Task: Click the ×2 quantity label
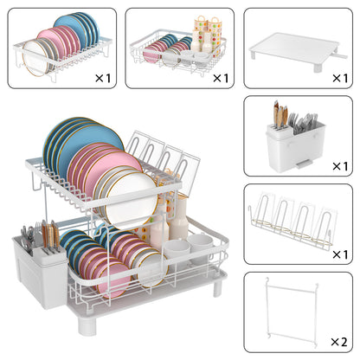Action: point(339,342)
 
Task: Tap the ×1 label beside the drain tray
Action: point(340,78)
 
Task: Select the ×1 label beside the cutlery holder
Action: point(340,166)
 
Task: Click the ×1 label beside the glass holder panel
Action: point(340,254)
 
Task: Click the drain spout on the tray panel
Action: point(340,55)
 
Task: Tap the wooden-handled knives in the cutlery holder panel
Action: point(280,114)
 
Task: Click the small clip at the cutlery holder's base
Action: point(304,164)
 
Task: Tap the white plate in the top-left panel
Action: point(35,58)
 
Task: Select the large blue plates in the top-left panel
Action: point(78,28)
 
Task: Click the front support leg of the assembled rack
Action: point(86,325)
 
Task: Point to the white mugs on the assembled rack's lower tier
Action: point(190,247)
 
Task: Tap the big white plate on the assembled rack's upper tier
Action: point(131,200)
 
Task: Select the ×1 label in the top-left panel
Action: point(103,78)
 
